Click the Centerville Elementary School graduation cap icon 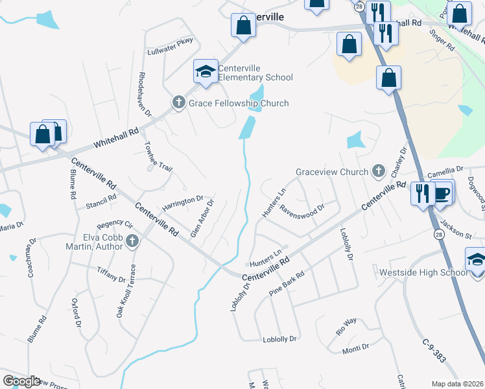pyautogui.click(x=206, y=71)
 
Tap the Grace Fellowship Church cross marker pyautogui.click(x=178, y=102)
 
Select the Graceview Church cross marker pyautogui.click(x=379, y=172)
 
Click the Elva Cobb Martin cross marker pyautogui.click(x=132, y=242)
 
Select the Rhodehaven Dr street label pyautogui.click(x=144, y=94)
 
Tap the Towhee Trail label pyautogui.click(x=158, y=156)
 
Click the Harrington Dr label pyautogui.click(x=183, y=202)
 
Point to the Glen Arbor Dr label pyautogui.click(x=201, y=218)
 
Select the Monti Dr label pyautogui.click(x=355, y=348)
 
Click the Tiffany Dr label pyautogui.click(x=111, y=274)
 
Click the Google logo pyautogui.click(x=21, y=381)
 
